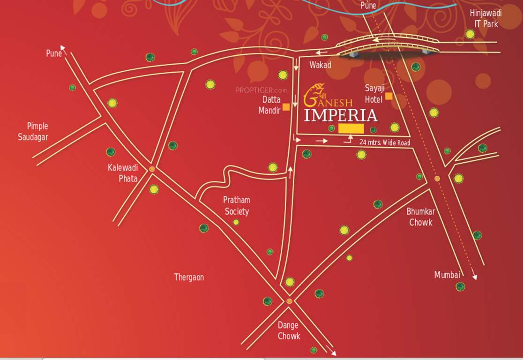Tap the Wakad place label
tap(320, 65)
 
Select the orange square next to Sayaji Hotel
tap(389, 97)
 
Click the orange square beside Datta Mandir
tap(286, 107)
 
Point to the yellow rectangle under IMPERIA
tap(351, 128)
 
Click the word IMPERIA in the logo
tap(341, 115)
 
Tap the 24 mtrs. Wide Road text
tap(385, 142)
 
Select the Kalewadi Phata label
tap(122, 172)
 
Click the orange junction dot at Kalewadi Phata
tap(152, 169)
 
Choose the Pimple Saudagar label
tap(33, 131)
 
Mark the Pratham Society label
tap(237, 205)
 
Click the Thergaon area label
tap(189, 277)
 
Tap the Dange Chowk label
tap(289, 330)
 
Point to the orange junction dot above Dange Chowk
tap(289, 301)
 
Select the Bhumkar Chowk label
tap(421, 217)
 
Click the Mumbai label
tap(447, 275)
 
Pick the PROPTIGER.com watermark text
tap(261, 90)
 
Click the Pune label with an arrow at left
tap(54, 53)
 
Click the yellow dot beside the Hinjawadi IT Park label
tap(470, 34)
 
